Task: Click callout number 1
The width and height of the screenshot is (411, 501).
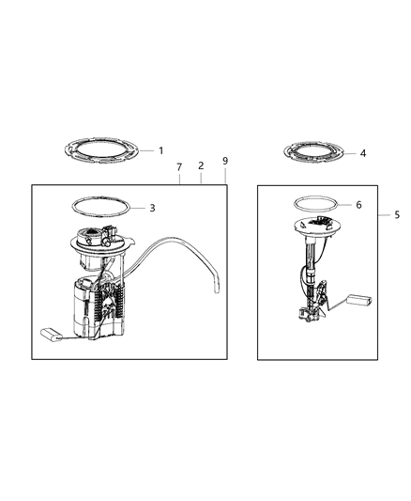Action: pyautogui.click(x=160, y=150)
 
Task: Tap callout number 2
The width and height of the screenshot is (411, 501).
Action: pyautogui.click(x=201, y=165)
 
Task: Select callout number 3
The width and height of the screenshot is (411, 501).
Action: pyautogui.click(x=152, y=208)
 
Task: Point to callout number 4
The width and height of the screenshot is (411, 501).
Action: pyautogui.click(x=362, y=151)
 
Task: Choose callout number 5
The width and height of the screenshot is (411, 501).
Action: pyautogui.click(x=397, y=214)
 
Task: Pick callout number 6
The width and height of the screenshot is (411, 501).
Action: pyautogui.click(x=358, y=205)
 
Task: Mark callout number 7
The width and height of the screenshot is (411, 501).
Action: pyautogui.click(x=179, y=166)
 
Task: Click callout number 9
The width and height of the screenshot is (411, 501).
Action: pyautogui.click(x=225, y=161)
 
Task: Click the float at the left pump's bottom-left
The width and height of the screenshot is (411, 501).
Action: pyautogui.click(x=51, y=331)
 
